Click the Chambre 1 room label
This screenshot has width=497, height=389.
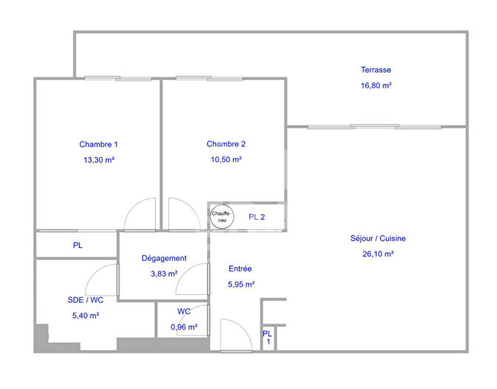(x=99, y=144)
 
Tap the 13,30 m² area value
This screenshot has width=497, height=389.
(x=99, y=159)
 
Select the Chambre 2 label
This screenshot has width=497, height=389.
(x=226, y=144)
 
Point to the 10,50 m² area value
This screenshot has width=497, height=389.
(x=226, y=159)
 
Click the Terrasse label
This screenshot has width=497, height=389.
(x=376, y=70)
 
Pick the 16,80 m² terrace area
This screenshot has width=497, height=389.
(x=376, y=85)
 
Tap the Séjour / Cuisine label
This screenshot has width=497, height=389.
(x=378, y=239)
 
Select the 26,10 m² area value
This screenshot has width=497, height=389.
(x=378, y=254)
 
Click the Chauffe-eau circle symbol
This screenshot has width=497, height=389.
(x=221, y=216)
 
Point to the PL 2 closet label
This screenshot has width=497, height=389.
(x=257, y=216)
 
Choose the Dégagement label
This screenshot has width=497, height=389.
(x=164, y=258)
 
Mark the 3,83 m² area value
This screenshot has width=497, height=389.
(x=164, y=273)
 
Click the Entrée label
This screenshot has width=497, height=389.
(x=240, y=269)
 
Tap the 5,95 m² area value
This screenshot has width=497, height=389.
(x=240, y=284)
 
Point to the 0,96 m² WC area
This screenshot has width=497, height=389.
(x=184, y=327)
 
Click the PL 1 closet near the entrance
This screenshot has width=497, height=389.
(x=268, y=338)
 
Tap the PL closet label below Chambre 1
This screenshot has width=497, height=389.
(x=77, y=245)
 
